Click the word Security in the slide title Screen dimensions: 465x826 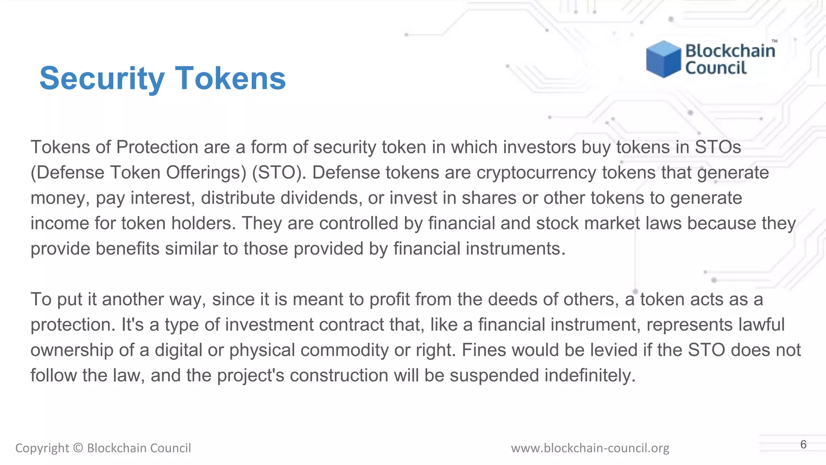coord(102,78)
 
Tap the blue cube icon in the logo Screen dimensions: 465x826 coord(663,59)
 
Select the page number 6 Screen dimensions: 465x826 coord(803,444)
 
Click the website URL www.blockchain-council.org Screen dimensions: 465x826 coord(590,448)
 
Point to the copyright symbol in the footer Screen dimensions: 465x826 coord(78,448)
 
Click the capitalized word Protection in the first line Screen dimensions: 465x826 coord(157,147)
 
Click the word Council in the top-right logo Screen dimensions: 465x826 coord(716,68)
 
